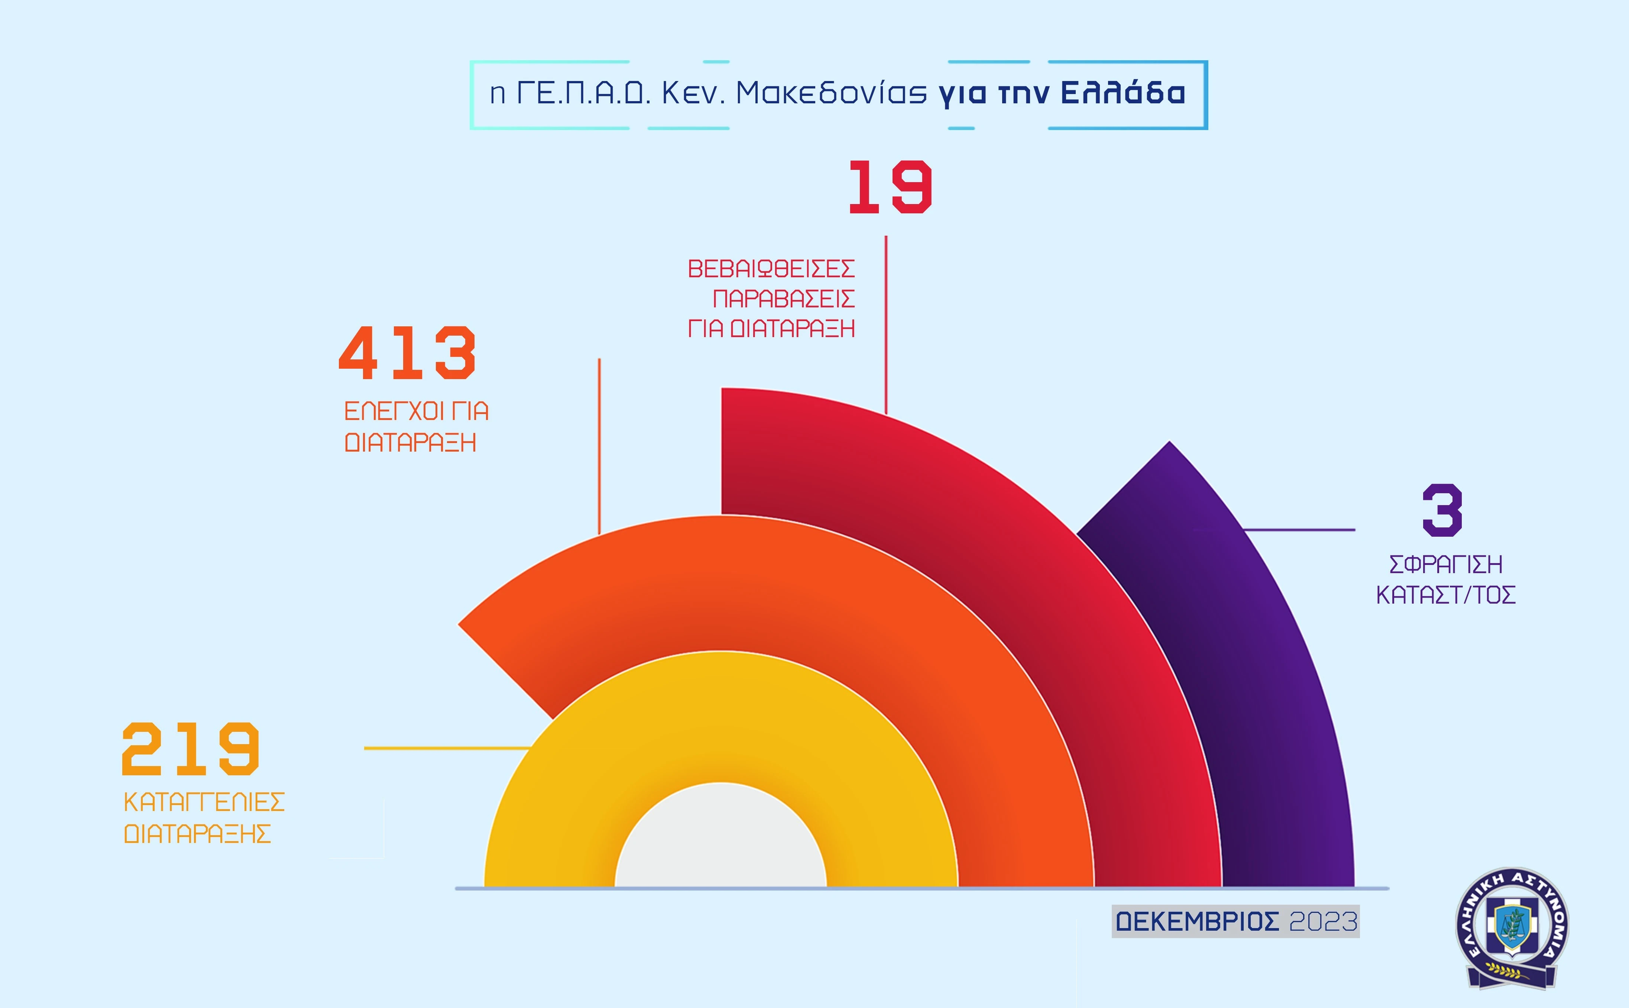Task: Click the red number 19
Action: pyautogui.click(x=890, y=187)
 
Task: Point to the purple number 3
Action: pyautogui.click(x=1442, y=511)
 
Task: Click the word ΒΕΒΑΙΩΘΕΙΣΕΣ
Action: pyautogui.click(x=771, y=269)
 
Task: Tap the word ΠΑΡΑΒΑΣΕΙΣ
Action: pyautogui.click(x=783, y=299)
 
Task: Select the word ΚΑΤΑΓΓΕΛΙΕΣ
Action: pyautogui.click(x=204, y=802)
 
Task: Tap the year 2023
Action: pyautogui.click(x=1323, y=922)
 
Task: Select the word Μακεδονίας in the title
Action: pyautogui.click(x=831, y=93)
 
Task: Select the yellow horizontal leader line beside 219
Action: pyautogui.click(x=447, y=749)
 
